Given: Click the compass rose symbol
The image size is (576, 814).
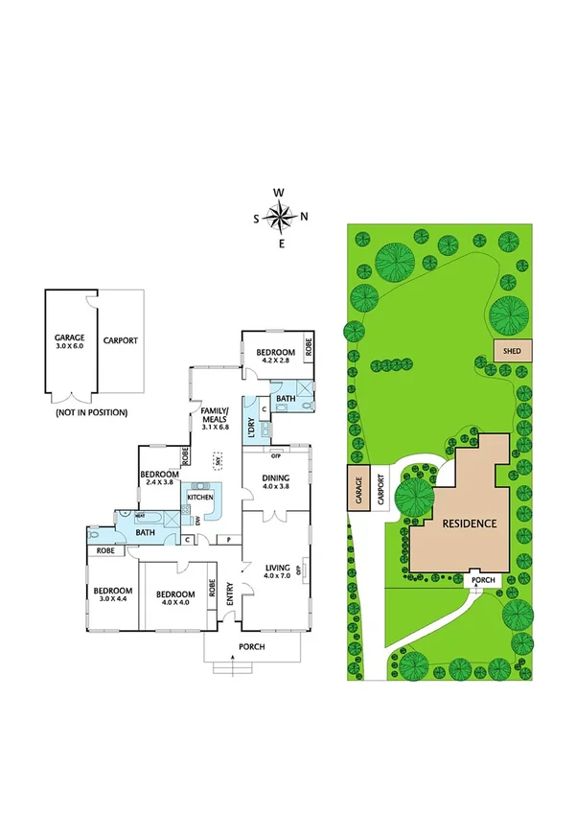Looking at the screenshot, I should [x=280, y=218].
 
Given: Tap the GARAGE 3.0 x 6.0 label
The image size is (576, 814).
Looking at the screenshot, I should [x=70, y=342].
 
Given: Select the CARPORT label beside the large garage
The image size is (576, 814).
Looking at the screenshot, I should [x=121, y=340].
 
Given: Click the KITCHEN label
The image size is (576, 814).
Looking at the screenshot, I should [x=199, y=498].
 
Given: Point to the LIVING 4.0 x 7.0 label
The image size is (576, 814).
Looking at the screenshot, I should [x=277, y=571].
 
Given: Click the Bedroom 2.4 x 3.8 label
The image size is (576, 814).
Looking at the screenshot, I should [x=160, y=479].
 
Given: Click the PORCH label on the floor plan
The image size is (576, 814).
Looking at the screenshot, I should [x=252, y=645].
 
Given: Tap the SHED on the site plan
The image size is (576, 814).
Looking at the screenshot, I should [x=506, y=352].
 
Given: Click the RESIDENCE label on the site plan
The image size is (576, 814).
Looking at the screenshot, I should [x=470, y=523].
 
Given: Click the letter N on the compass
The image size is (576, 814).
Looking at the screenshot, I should [x=304, y=217].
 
